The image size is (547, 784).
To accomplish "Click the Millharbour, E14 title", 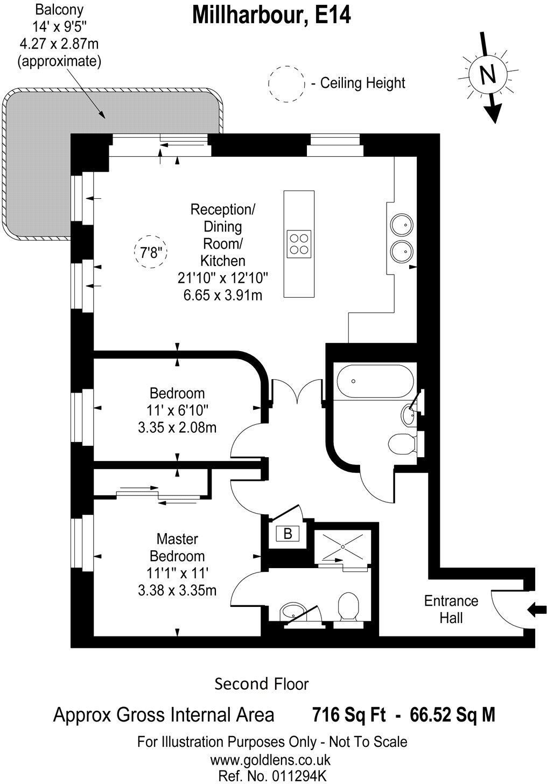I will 271,15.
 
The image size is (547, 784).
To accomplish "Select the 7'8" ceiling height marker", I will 151,253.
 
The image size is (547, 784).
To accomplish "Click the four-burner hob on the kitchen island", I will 299,243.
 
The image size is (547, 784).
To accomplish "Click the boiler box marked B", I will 287,534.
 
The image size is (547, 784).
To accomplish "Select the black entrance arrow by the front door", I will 537,610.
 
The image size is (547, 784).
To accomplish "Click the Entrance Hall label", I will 451,609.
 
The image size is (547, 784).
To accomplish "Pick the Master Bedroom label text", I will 177,547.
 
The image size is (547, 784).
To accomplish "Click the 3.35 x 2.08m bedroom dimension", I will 177,428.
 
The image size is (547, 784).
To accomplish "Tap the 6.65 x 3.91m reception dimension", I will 220,295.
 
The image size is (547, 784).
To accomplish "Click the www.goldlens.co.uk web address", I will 270,760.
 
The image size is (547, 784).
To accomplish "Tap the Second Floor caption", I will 262,684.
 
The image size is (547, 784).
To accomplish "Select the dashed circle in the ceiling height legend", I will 286,83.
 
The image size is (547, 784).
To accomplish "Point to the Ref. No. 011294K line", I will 272,776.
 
